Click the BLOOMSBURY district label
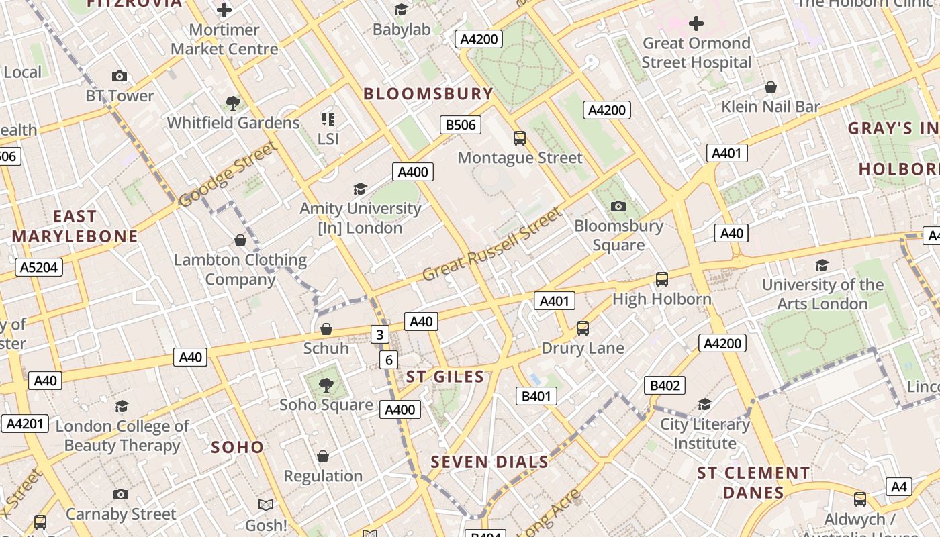click(x=428, y=93)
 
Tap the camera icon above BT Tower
click(x=120, y=77)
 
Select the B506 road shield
click(x=461, y=125)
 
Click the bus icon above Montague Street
click(x=520, y=138)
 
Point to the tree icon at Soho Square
click(x=326, y=385)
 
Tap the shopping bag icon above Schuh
click(x=326, y=329)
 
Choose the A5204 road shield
click(x=39, y=268)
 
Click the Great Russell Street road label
click(x=491, y=245)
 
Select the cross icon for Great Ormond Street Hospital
click(x=696, y=24)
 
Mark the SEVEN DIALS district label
click(x=489, y=462)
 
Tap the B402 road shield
click(x=665, y=385)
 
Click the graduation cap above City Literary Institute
click(x=704, y=404)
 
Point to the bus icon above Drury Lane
click(x=583, y=328)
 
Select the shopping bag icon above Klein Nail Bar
click(x=771, y=87)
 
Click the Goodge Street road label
click(x=228, y=174)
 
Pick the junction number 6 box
click(x=389, y=360)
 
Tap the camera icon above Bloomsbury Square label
click(x=618, y=206)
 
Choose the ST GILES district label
click(x=445, y=377)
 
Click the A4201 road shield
click(x=25, y=424)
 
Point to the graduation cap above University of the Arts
click(x=822, y=265)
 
